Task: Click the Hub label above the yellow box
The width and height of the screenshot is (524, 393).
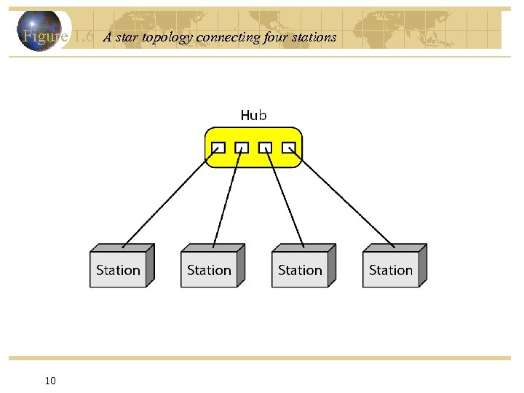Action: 253,115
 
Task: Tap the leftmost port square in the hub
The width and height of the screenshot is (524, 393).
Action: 218,147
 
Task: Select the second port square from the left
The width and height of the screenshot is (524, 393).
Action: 242,147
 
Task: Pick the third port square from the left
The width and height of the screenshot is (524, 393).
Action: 266,147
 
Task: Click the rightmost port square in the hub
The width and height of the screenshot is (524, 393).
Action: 289,147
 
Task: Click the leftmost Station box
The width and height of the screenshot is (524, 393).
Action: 118,270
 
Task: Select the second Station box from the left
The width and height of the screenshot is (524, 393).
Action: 209,270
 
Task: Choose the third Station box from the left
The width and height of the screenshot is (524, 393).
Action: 300,270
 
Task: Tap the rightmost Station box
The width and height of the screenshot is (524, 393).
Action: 391,270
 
